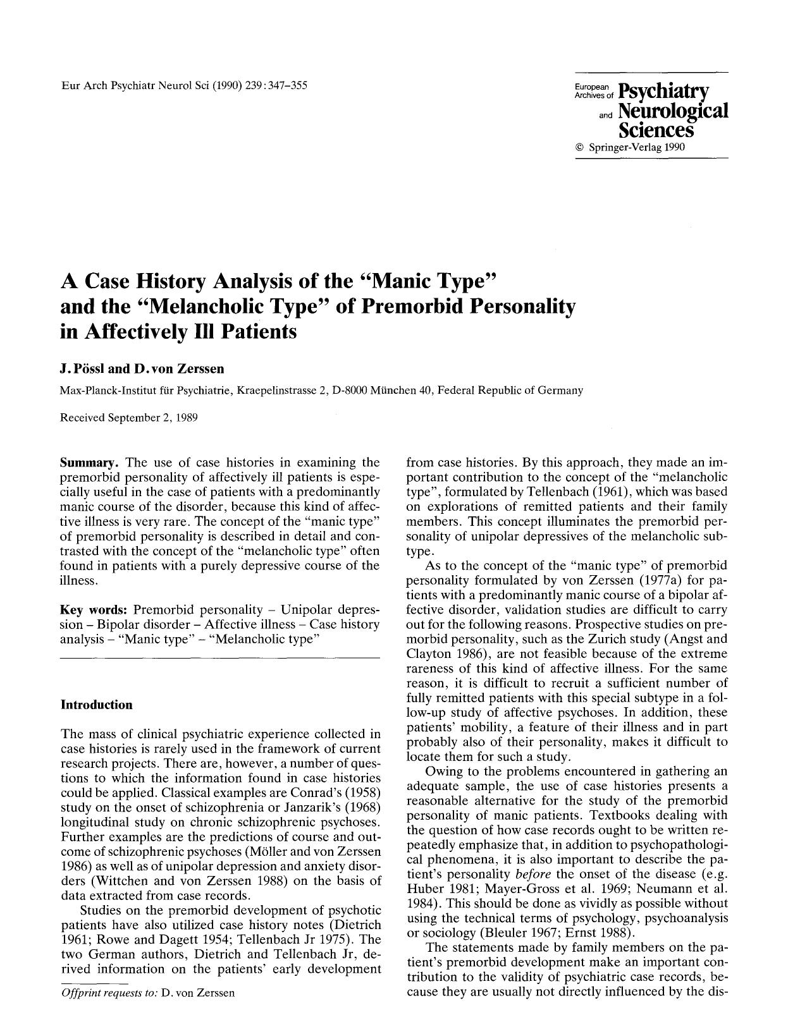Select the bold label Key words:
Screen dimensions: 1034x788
(x=94, y=610)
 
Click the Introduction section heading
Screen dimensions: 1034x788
(x=96, y=705)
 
